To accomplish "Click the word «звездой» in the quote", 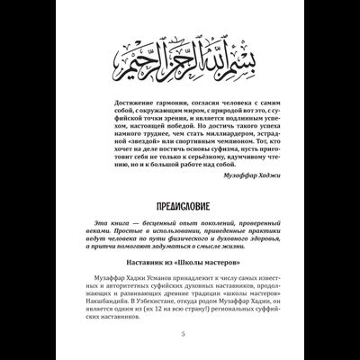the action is pos(139,139).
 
